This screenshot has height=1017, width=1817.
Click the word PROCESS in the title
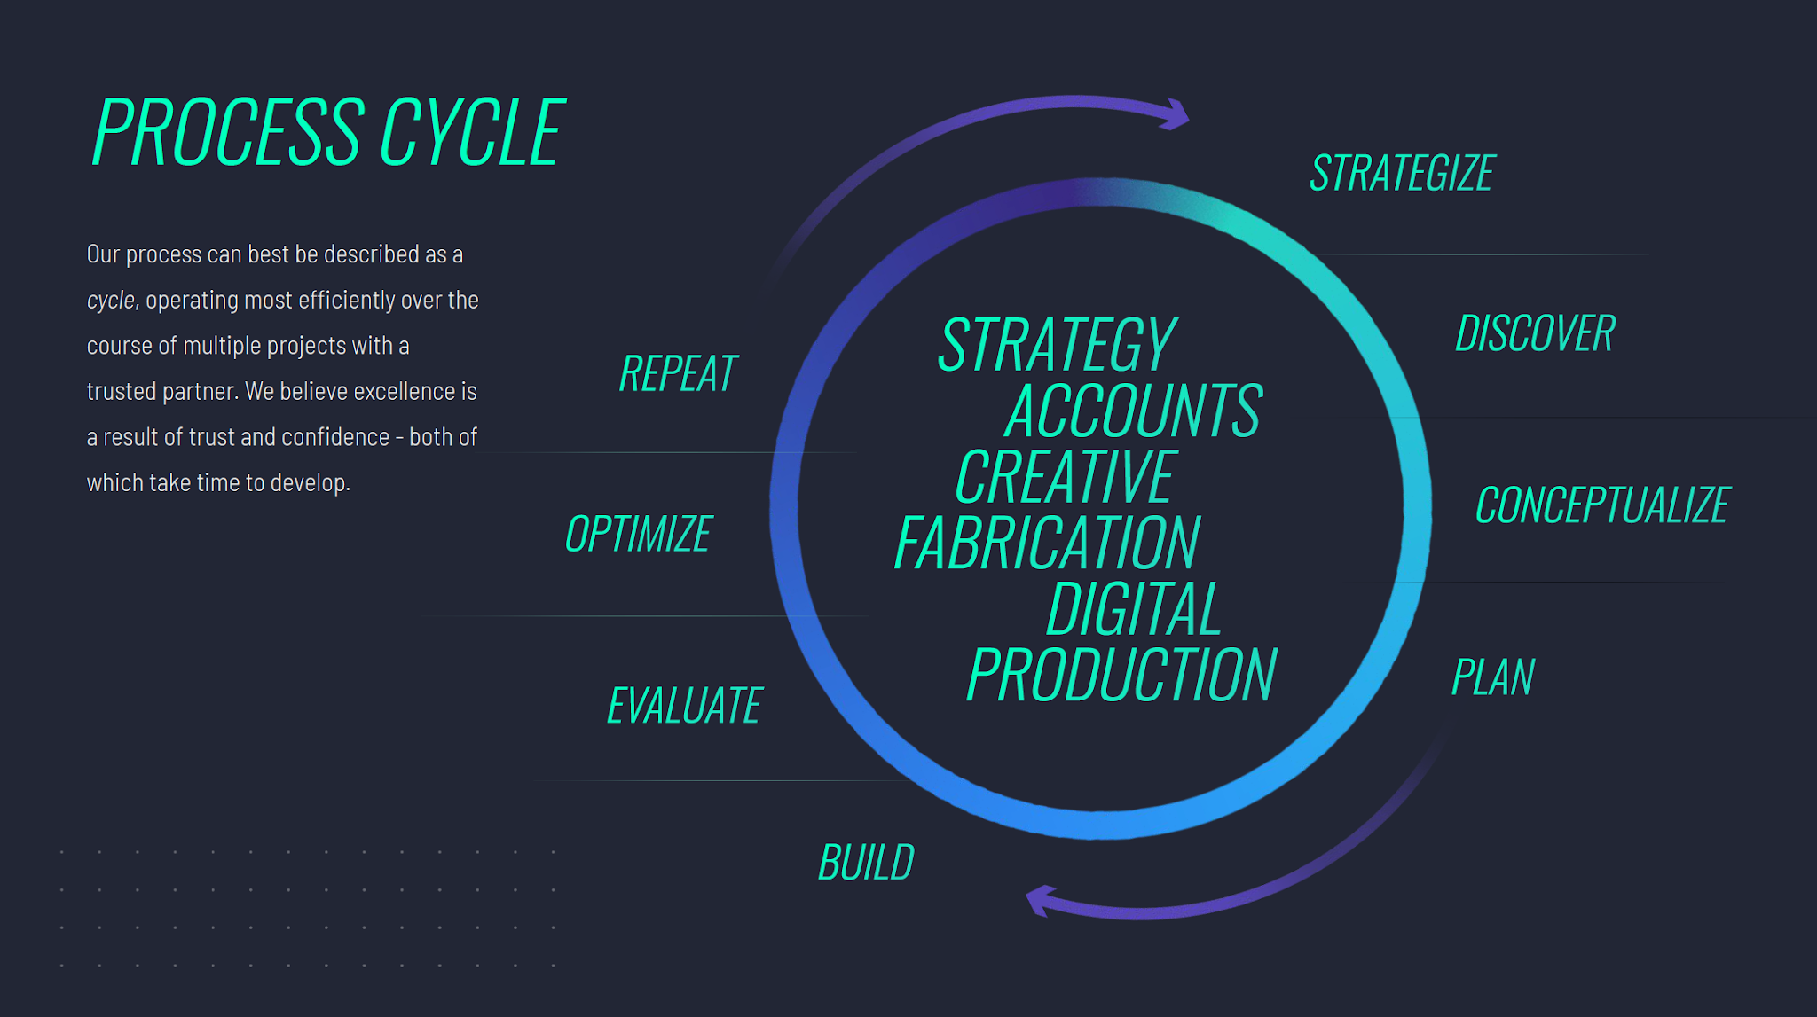click(x=228, y=132)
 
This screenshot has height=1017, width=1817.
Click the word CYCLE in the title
click(x=473, y=132)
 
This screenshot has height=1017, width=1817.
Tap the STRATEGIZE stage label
click(x=1403, y=173)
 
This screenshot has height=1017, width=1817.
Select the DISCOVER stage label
click(x=1536, y=333)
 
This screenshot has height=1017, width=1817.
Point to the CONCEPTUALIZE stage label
click(x=1603, y=505)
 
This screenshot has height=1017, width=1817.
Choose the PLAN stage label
click(x=1493, y=677)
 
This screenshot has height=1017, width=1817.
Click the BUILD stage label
click(x=866, y=863)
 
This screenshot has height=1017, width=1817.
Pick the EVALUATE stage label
click(x=684, y=706)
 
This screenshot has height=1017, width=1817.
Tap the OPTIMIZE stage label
click(x=638, y=534)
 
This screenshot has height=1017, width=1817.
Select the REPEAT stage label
click(x=678, y=373)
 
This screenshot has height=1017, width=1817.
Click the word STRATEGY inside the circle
click(x=1058, y=345)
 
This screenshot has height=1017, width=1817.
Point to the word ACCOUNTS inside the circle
click(x=1134, y=411)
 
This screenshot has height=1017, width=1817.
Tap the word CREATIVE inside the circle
click(x=1066, y=477)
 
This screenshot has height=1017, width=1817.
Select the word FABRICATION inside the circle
click(x=1048, y=543)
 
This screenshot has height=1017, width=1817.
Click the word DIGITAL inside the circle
click(x=1135, y=609)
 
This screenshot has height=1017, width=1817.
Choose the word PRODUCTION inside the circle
click(x=1121, y=675)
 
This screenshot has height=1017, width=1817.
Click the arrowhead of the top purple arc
click(x=1176, y=114)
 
